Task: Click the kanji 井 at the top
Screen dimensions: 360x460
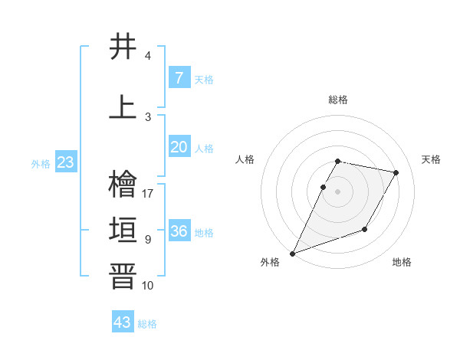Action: coord(123,47)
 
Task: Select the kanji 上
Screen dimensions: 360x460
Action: coord(123,107)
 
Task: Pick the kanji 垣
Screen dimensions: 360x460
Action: coord(123,230)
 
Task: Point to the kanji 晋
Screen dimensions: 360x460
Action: coord(123,276)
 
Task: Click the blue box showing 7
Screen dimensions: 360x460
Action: coord(179,77)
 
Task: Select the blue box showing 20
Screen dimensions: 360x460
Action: coord(179,147)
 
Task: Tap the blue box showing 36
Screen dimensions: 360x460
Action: coord(179,231)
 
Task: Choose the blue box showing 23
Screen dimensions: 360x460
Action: coord(65,162)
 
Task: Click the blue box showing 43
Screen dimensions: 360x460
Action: coord(122,322)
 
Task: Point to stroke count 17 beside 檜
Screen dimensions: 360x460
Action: coord(148,194)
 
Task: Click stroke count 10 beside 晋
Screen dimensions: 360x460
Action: coord(148,286)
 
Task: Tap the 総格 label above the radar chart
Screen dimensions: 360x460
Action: coord(338,100)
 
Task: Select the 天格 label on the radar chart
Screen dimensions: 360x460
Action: coord(431,159)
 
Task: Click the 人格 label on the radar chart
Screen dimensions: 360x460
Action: coord(245,159)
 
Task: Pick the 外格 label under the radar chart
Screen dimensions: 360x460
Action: coord(270,263)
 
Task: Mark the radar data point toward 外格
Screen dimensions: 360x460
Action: coord(292,254)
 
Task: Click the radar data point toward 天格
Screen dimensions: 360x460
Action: coord(396,172)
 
